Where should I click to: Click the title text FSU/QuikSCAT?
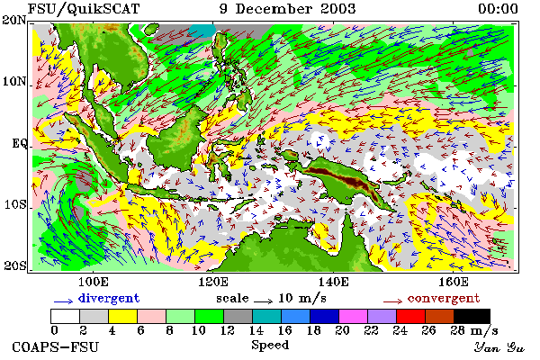pos(84,9)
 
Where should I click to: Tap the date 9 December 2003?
pos(288,9)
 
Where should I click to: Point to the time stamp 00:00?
pos(498,9)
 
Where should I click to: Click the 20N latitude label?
pos(14,20)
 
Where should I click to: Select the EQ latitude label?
pos(19,143)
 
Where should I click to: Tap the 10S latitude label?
pos(14,204)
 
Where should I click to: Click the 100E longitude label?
pos(94,282)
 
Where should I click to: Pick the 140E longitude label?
pos(333,282)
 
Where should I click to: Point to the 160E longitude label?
pos(454,282)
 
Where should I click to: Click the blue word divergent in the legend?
pos(109,298)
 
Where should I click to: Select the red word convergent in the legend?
pos(444,298)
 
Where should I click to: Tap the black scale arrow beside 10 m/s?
pos(264,301)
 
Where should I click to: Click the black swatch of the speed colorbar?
pos(472,316)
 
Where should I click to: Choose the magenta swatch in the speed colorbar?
pos(353,316)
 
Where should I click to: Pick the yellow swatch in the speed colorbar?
pos(122,316)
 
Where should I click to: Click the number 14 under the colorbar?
pos(256,330)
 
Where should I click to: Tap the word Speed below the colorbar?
pos(270,345)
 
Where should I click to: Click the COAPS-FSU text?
pos(56,346)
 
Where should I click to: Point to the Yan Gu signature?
pos(499,347)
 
